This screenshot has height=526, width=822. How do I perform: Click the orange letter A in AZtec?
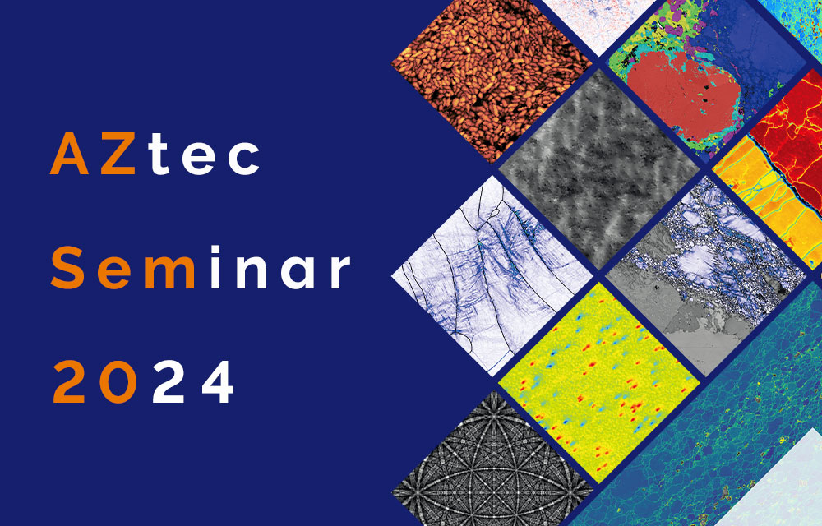pos(70,154)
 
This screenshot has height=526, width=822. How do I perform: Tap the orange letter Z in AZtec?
pos(118,154)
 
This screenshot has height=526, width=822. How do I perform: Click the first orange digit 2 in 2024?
pos(69,381)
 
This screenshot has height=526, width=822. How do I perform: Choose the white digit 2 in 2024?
pos(169,381)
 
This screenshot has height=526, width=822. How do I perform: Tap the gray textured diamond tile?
pos(599,169)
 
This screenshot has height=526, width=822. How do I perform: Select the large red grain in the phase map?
pos(681,99)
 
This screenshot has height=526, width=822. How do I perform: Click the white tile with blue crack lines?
pos(492,275)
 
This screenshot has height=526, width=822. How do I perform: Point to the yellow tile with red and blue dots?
pos(599,382)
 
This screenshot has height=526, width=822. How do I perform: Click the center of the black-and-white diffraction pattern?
pos(492,466)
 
